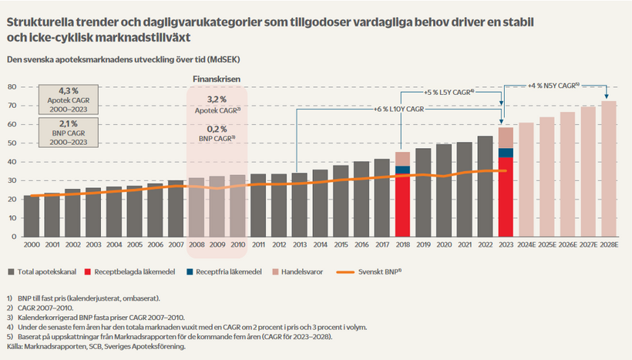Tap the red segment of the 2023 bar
click(x=506, y=197)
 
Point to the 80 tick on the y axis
click(x=12, y=86)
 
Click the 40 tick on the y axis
click(x=12, y=161)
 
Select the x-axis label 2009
click(x=217, y=245)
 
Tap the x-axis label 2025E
click(x=546, y=245)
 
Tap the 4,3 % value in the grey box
click(x=69, y=91)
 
